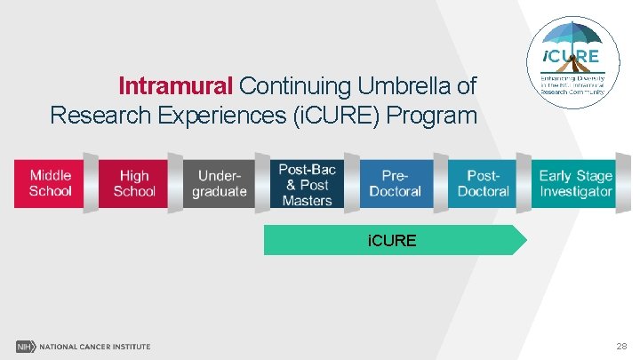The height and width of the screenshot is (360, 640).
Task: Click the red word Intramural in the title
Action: click(175, 86)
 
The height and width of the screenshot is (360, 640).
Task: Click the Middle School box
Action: click(50, 183)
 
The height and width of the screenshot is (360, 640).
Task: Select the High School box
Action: click(134, 183)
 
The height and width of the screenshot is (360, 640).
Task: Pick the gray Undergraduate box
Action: click(219, 183)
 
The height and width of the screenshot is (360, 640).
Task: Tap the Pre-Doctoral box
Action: click(396, 183)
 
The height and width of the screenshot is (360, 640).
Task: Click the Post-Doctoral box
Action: click(483, 183)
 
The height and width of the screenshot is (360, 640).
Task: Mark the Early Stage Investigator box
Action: click(575, 183)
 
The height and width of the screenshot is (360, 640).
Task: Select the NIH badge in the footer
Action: click(24, 346)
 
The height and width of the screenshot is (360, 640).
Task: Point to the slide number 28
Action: click(619, 345)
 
